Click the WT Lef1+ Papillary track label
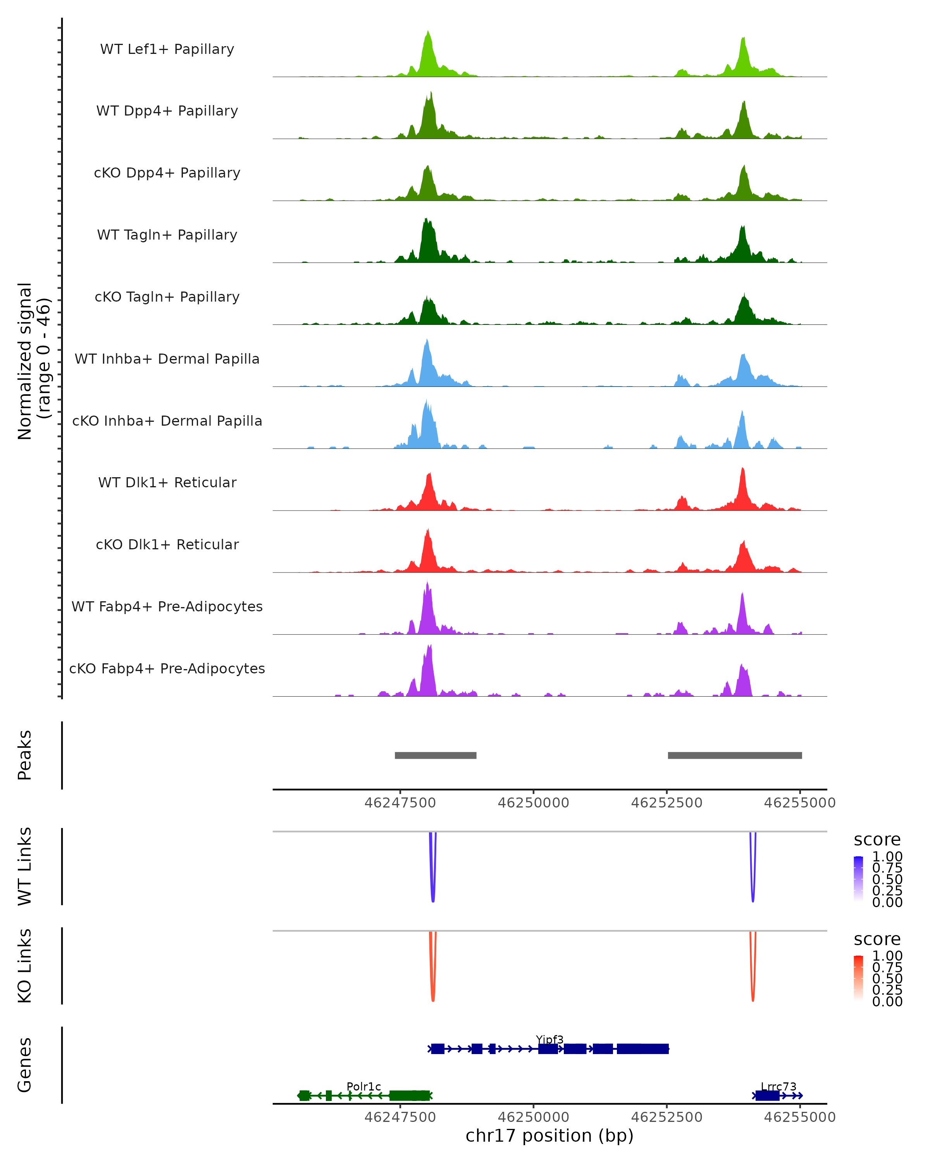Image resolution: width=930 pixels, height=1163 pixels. (167, 49)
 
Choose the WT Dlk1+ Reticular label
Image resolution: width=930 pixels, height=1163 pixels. (167, 482)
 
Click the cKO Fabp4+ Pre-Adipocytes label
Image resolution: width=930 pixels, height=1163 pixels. (167, 668)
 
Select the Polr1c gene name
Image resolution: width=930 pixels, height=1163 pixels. (363, 1086)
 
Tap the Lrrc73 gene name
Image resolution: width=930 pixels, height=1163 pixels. (778, 1086)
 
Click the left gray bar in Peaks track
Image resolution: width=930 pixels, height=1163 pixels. (435, 755)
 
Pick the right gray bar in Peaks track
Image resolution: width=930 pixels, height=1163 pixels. (734, 755)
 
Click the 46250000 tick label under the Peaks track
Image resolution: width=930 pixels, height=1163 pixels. (533, 803)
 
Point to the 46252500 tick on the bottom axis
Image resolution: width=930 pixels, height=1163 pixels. (666, 1117)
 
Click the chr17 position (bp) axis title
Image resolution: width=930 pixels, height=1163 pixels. (549, 1135)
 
